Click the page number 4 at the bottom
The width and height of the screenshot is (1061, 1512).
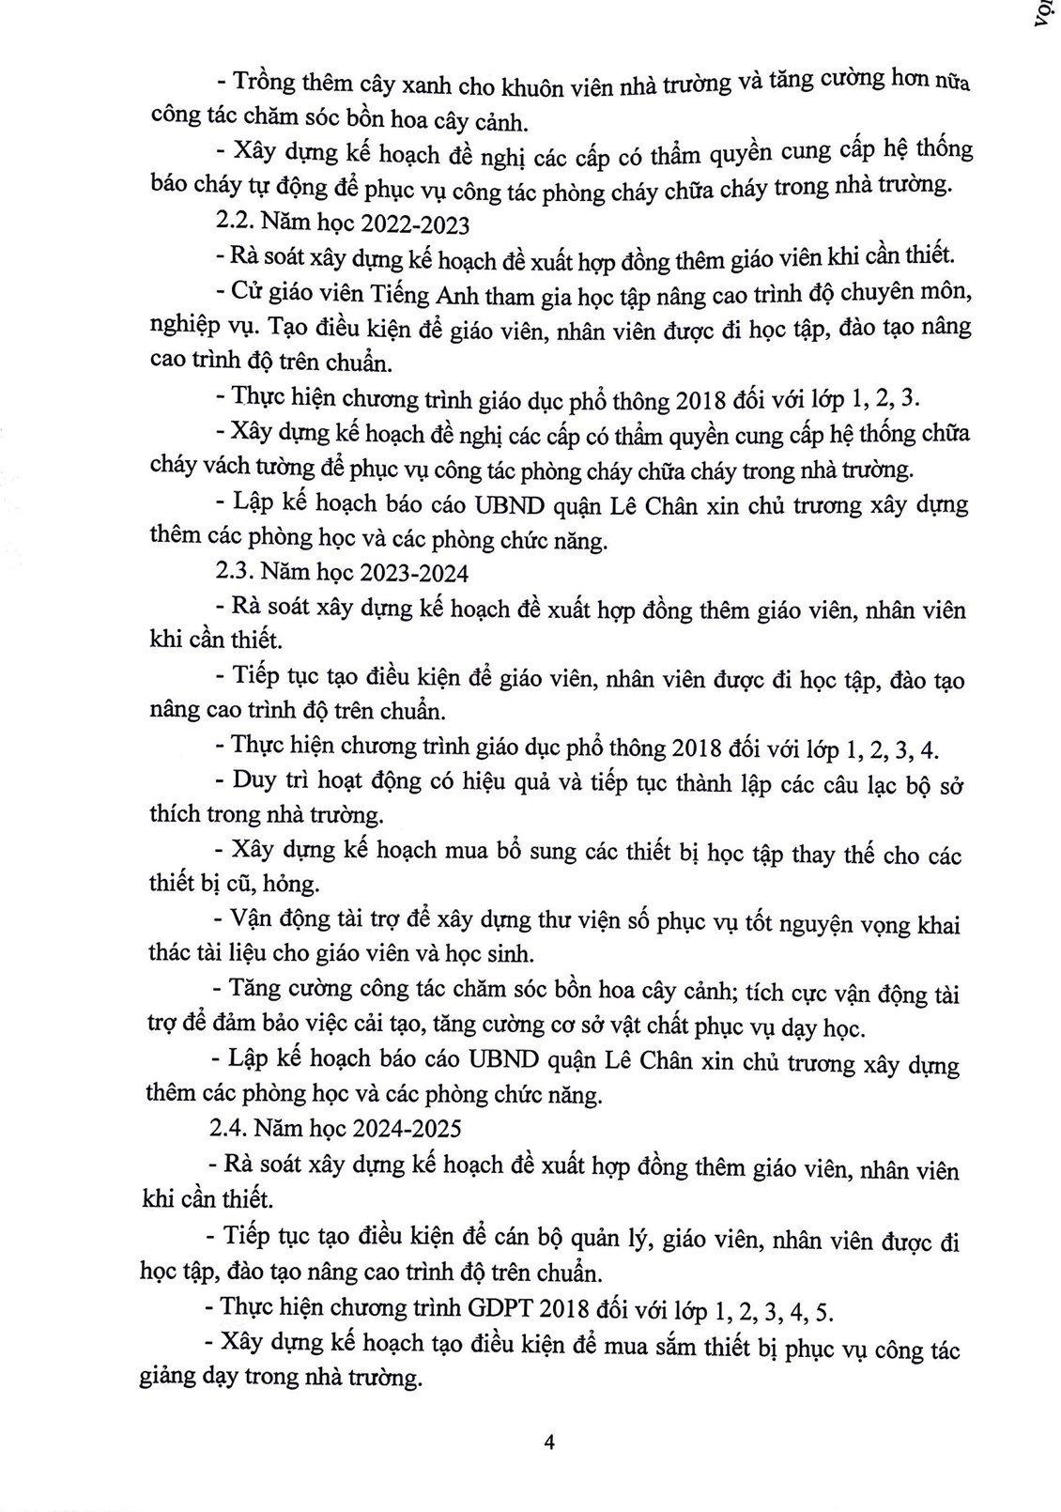[549, 1442]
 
